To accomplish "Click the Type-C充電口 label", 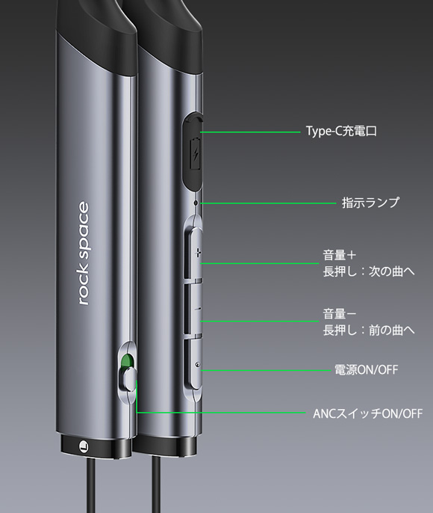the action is point(341,131).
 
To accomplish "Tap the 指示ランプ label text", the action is point(370,203).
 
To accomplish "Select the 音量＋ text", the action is point(340,255).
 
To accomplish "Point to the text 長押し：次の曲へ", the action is point(369,271).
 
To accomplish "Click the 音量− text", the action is point(340,314).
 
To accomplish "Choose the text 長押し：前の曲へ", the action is point(369,330).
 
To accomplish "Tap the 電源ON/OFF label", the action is point(367,370).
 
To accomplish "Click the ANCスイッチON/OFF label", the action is point(368,414).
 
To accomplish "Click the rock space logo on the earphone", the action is point(84,254).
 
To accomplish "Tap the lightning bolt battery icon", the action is point(196,153).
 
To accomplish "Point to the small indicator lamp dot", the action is point(196,203).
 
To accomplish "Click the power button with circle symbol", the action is point(194,363).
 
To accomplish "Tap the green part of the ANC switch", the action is point(127,361).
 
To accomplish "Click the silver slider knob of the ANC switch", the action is point(129,379).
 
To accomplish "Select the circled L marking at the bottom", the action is point(84,446).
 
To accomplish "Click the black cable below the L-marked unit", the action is point(91,485).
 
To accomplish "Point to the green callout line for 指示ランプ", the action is point(269,203).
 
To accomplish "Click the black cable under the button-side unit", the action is point(156,485).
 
